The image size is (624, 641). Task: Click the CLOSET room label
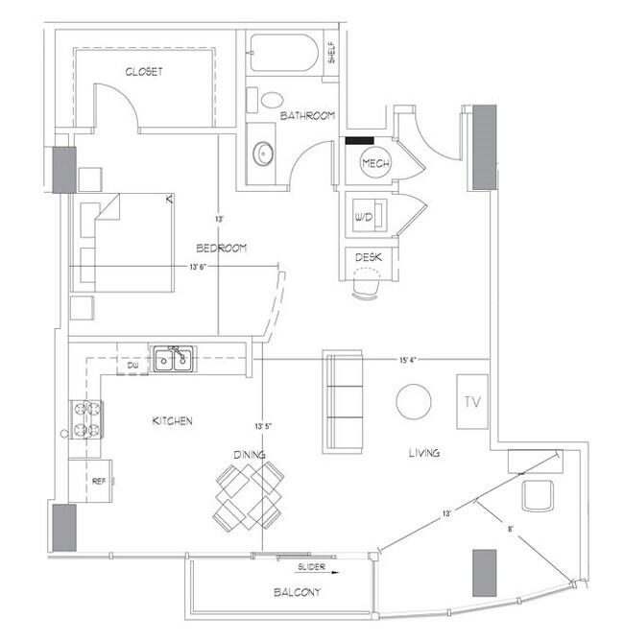pos(143,72)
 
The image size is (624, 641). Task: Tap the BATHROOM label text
pos(307,116)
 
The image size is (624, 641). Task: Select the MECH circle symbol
pos(374,164)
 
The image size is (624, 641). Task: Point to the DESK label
pos(368,257)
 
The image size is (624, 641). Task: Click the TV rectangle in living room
pos(471,401)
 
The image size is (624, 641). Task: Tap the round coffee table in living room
pos(415,401)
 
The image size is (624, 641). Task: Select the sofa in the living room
pos(344,401)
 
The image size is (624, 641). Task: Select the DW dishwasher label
pos(133,366)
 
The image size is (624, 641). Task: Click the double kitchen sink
pos(173,360)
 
